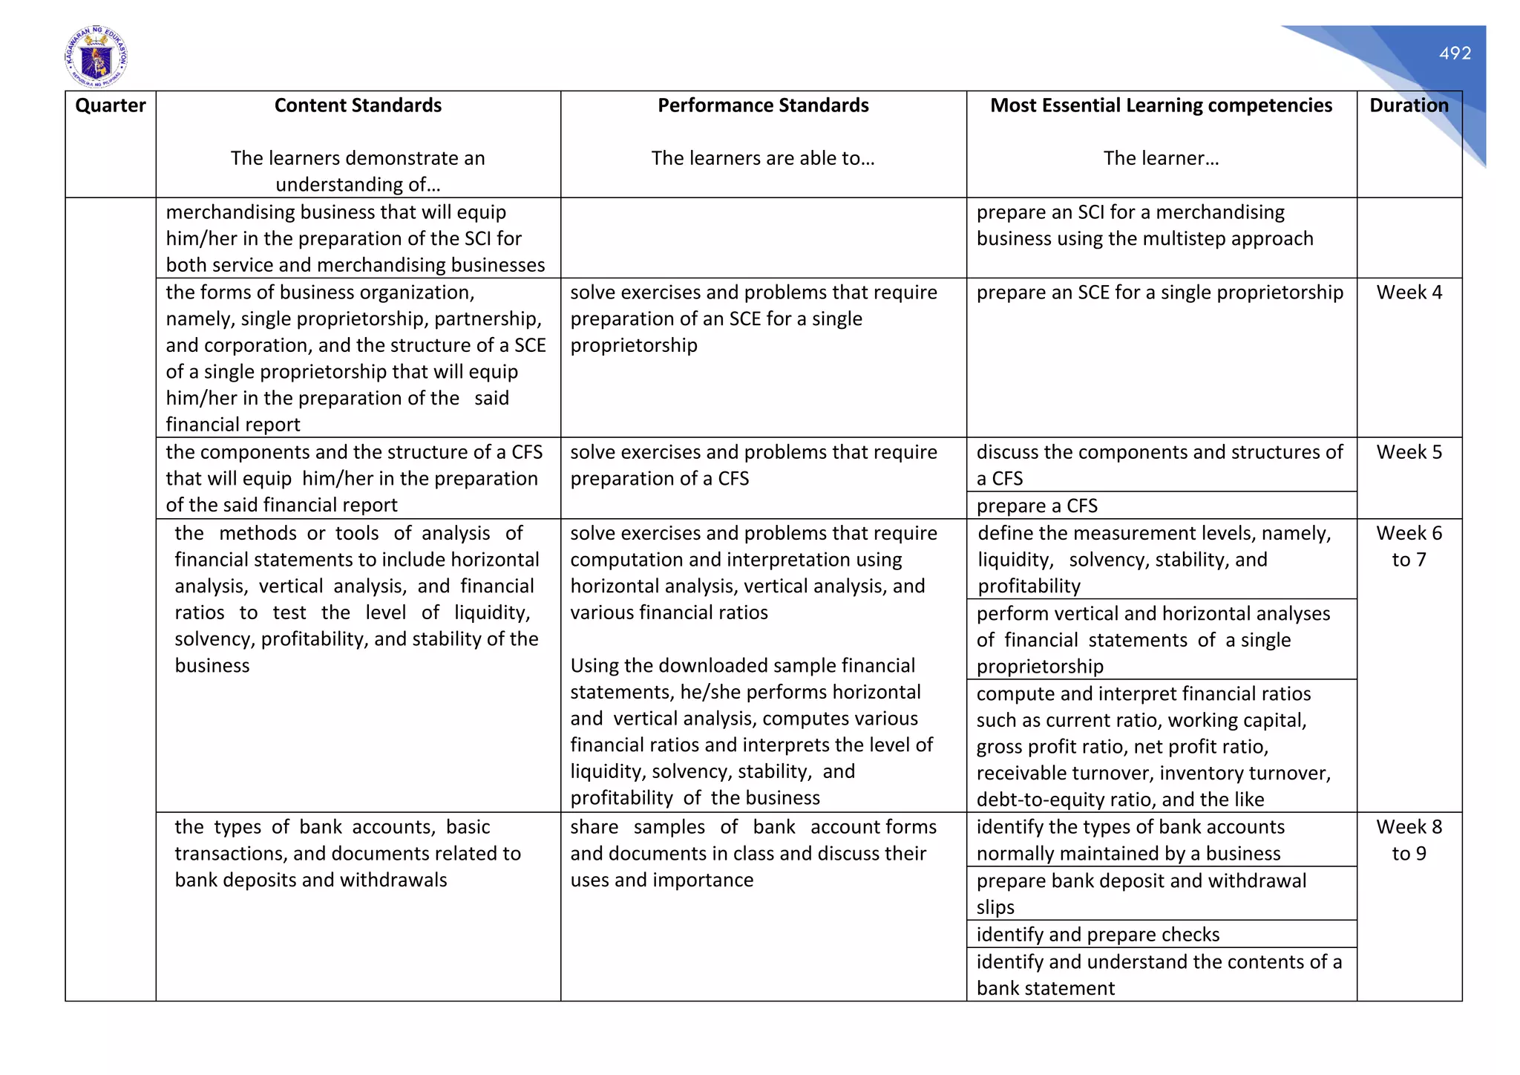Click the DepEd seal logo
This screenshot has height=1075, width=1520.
96,56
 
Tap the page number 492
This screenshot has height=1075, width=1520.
1455,53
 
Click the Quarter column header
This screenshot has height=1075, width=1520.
111,105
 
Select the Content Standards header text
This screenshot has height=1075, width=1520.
358,105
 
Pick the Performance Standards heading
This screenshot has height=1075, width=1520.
763,105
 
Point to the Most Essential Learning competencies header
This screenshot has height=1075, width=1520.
1161,105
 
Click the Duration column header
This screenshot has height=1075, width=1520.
1409,105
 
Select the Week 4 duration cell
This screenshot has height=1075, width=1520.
1409,293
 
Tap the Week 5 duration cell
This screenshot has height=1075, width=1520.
1409,452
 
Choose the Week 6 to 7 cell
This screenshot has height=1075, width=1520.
1409,546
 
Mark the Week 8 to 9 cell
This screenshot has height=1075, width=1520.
1409,840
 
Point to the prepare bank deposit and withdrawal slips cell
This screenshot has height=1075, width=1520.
1141,893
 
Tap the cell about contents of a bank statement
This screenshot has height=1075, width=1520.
1159,974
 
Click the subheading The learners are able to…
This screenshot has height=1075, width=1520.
763,158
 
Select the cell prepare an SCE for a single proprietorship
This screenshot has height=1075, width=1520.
1159,293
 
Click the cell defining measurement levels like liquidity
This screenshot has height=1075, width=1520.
1154,559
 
